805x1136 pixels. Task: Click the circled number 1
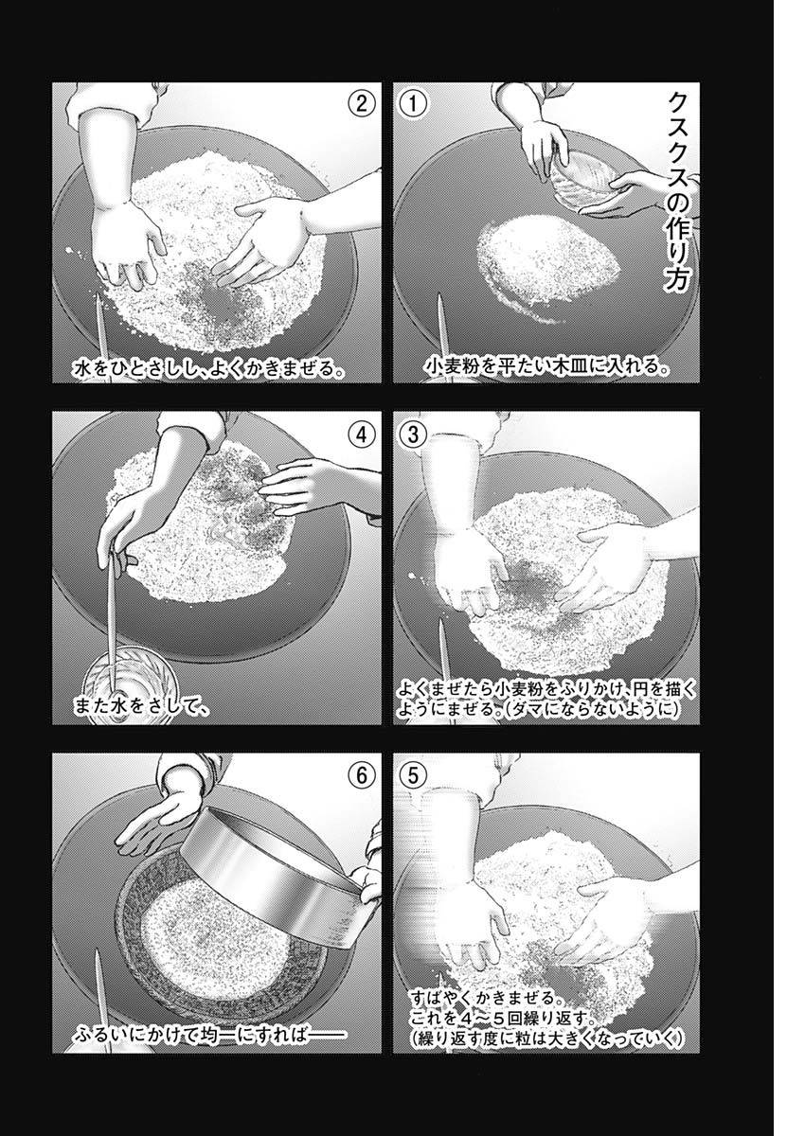(413, 103)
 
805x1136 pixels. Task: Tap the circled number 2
(362, 103)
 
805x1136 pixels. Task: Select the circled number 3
(413, 434)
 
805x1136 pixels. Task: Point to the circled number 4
(362, 434)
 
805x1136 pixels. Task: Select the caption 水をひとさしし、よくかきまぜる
(206, 367)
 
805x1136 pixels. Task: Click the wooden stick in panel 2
(99, 327)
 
